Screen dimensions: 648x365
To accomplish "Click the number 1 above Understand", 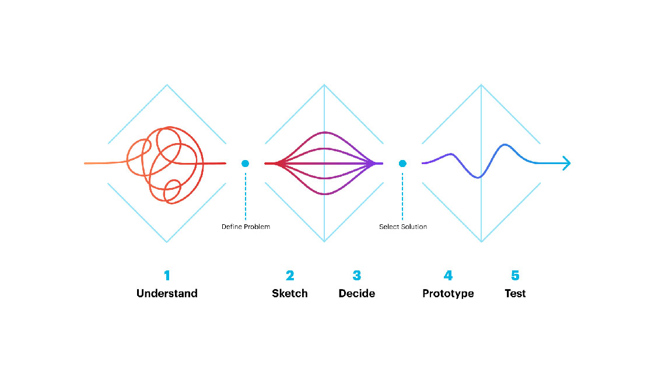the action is pyautogui.click(x=167, y=275).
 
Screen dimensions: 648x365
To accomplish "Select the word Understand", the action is pyautogui.click(x=167, y=293).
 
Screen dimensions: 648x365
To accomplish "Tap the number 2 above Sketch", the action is pyautogui.click(x=290, y=275).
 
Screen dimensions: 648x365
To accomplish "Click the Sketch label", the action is pyautogui.click(x=290, y=293).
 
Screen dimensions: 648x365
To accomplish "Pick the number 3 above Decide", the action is pyautogui.click(x=357, y=275).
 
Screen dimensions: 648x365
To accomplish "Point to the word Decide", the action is pyautogui.click(x=357, y=293).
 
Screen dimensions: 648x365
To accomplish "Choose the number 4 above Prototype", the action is pyautogui.click(x=448, y=275).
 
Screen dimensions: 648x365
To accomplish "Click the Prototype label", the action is pyautogui.click(x=448, y=293).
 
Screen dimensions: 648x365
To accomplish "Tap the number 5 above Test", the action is pyautogui.click(x=515, y=275).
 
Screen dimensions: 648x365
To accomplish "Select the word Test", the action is pyautogui.click(x=515, y=293).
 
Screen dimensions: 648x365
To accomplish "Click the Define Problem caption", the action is pyautogui.click(x=246, y=227).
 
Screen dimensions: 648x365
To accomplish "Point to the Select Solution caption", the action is pyautogui.click(x=403, y=227).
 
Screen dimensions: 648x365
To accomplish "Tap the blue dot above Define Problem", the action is pyautogui.click(x=246, y=164).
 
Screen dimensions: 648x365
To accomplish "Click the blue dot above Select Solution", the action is pyautogui.click(x=402, y=164).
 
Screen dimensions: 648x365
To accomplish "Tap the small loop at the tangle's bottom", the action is pyautogui.click(x=172, y=191).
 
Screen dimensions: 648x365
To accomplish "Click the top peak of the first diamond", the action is pyautogui.click(x=167, y=85).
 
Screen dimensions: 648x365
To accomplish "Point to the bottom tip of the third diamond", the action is pyautogui.click(x=481, y=241).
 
